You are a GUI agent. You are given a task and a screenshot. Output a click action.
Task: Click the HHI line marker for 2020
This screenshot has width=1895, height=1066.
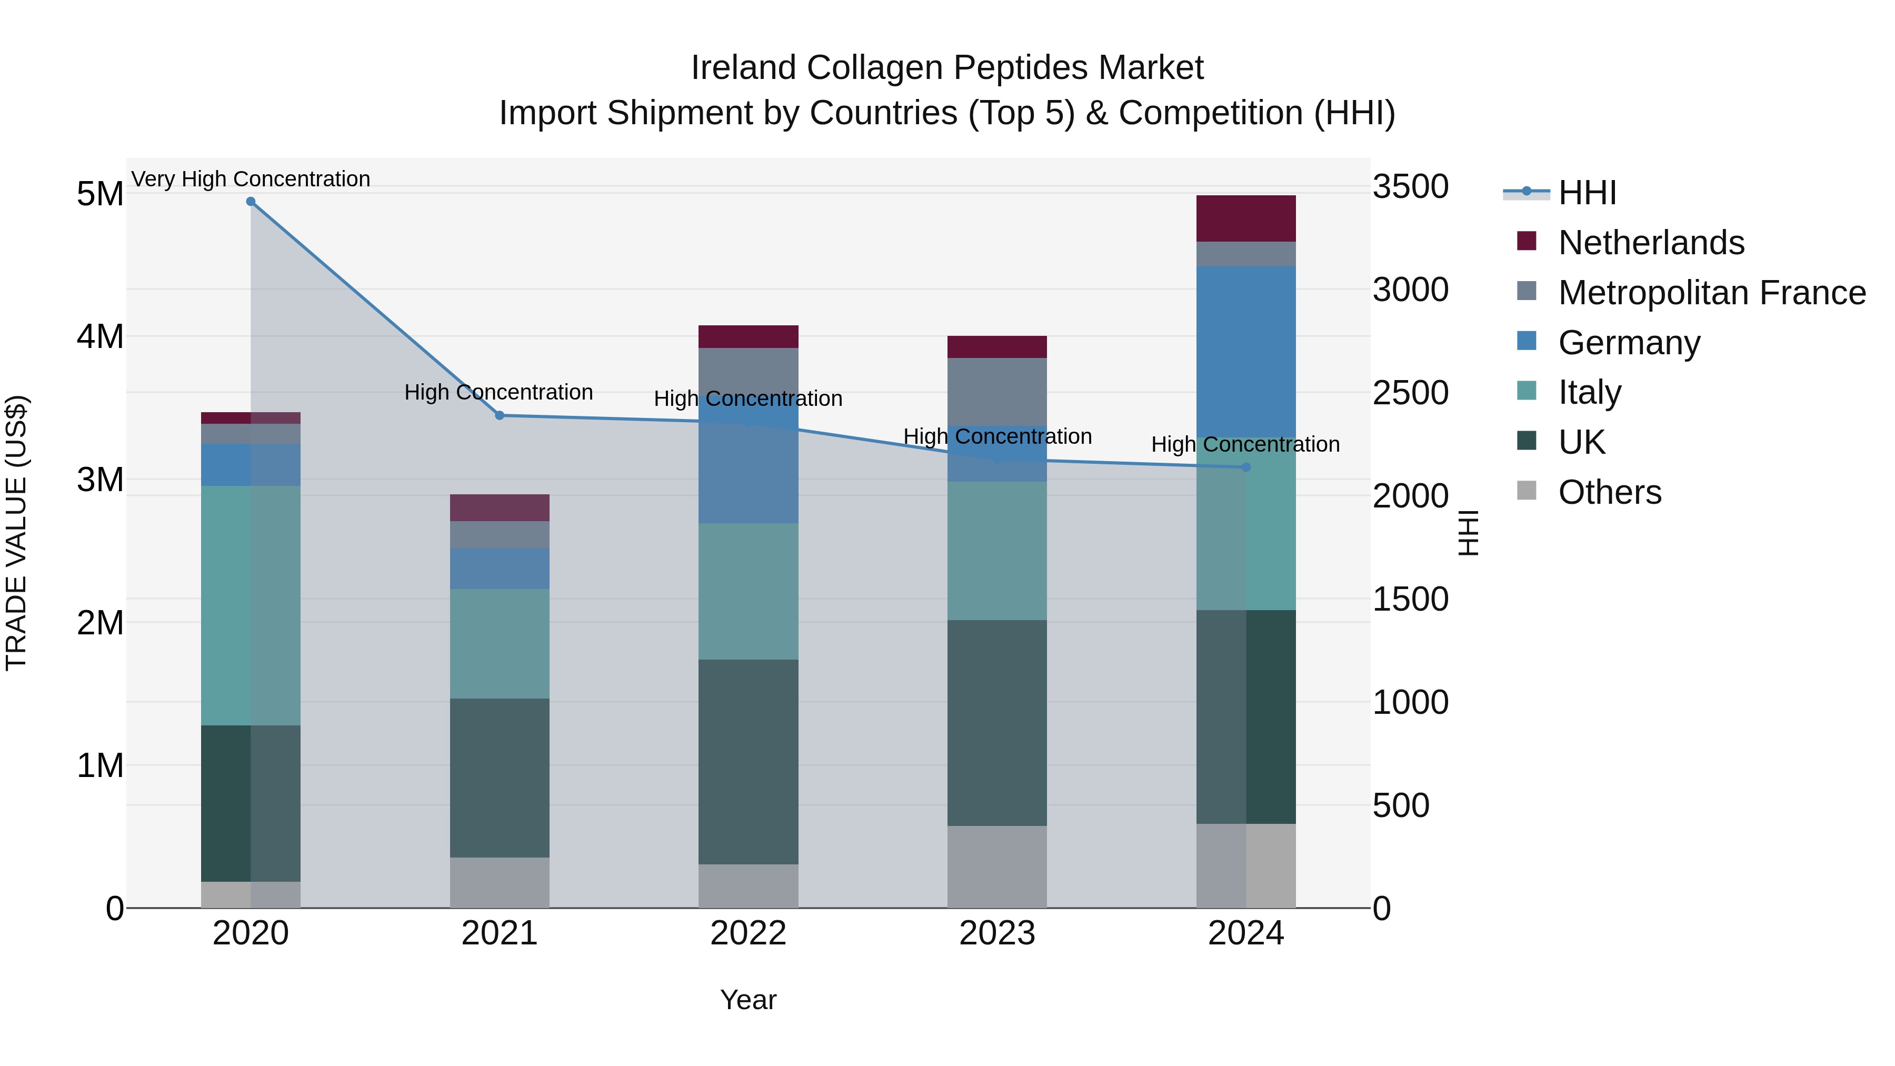[x=251, y=202]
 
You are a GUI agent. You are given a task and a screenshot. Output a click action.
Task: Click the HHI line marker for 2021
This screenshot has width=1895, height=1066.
[x=500, y=416]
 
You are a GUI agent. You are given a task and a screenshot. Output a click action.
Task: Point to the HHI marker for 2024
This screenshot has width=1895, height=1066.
[x=1246, y=467]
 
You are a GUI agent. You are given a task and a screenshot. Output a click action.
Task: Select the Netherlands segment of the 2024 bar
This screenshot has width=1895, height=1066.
[x=1246, y=218]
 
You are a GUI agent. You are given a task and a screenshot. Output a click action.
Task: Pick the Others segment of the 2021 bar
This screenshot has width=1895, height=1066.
[x=500, y=882]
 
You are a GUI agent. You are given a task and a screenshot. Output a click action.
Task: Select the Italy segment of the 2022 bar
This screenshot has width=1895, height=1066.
[x=748, y=592]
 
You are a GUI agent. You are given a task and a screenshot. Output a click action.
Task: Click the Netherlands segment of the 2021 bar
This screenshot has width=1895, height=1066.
[x=500, y=507]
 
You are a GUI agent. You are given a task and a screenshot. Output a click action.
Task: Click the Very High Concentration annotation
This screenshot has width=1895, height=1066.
[x=251, y=179]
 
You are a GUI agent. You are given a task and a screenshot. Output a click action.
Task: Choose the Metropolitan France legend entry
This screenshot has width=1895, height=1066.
[x=1712, y=292]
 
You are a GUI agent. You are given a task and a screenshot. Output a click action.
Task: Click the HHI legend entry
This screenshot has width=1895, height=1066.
[x=1587, y=193]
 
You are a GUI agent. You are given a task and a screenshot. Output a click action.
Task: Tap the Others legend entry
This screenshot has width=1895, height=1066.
[x=1610, y=492]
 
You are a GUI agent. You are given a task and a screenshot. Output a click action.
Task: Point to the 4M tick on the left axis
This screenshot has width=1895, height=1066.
[x=100, y=337]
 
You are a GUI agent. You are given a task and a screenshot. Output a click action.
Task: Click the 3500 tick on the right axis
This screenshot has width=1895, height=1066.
[x=1410, y=187]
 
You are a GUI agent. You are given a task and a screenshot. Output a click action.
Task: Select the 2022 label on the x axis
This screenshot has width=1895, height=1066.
[x=748, y=933]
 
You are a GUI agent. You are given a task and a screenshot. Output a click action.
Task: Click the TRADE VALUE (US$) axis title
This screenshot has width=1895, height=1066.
[x=16, y=533]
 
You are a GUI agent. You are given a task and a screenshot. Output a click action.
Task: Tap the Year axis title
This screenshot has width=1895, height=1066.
[x=748, y=1000]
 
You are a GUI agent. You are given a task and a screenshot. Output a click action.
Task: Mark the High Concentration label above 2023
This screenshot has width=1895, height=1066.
[x=997, y=436]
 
